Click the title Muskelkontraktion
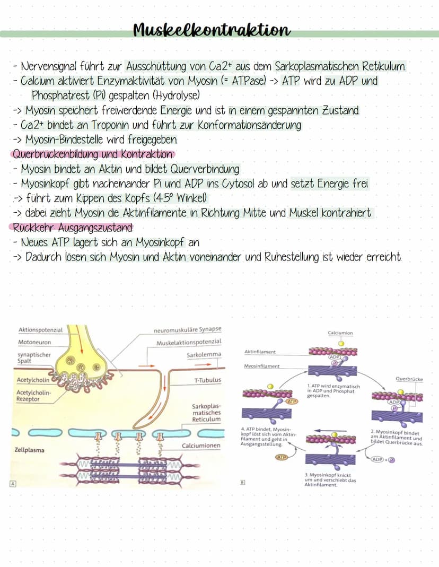[212, 30]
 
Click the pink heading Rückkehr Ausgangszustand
[73, 228]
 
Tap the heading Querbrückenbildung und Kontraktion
[93, 154]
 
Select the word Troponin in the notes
[110, 125]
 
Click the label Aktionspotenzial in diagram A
[40, 330]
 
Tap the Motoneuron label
[34, 342]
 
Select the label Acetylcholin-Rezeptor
[33, 396]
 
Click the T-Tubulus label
[208, 380]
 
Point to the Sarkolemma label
[204, 355]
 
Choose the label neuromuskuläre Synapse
[188, 330]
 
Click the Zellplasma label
[29, 450]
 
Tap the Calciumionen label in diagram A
[201, 446]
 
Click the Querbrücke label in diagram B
[409, 379]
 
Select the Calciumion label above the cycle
[340, 333]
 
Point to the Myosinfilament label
[261, 366]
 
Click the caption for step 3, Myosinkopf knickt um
[330, 480]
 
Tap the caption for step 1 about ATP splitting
[333, 391]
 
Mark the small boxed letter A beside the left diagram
[13, 484]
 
